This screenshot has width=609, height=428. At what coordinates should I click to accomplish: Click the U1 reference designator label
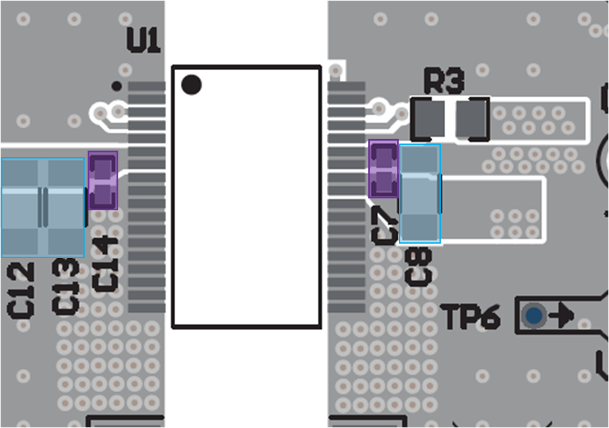coord(144,41)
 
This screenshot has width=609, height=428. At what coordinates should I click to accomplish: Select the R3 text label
coord(444,82)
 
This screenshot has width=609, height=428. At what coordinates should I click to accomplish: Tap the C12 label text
coord(21,288)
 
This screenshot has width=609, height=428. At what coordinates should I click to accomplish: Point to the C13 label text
coord(66,287)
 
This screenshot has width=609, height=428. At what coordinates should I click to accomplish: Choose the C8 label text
coord(419,266)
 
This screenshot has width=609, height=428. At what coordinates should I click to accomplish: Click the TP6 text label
coord(471,316)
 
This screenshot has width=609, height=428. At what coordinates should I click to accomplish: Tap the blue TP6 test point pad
coord(534,315)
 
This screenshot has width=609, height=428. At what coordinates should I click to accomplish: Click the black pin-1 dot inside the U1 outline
coord(191,85)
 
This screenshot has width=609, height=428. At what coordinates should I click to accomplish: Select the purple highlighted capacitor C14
coord(103,180)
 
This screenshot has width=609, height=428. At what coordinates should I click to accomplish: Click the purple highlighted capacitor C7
coord(384,169)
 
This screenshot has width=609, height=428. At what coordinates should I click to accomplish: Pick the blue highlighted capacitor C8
coord(420,193)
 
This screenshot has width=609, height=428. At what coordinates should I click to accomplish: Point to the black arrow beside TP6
coord(562,315)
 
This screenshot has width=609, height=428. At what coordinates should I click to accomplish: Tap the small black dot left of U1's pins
coord(117,86)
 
